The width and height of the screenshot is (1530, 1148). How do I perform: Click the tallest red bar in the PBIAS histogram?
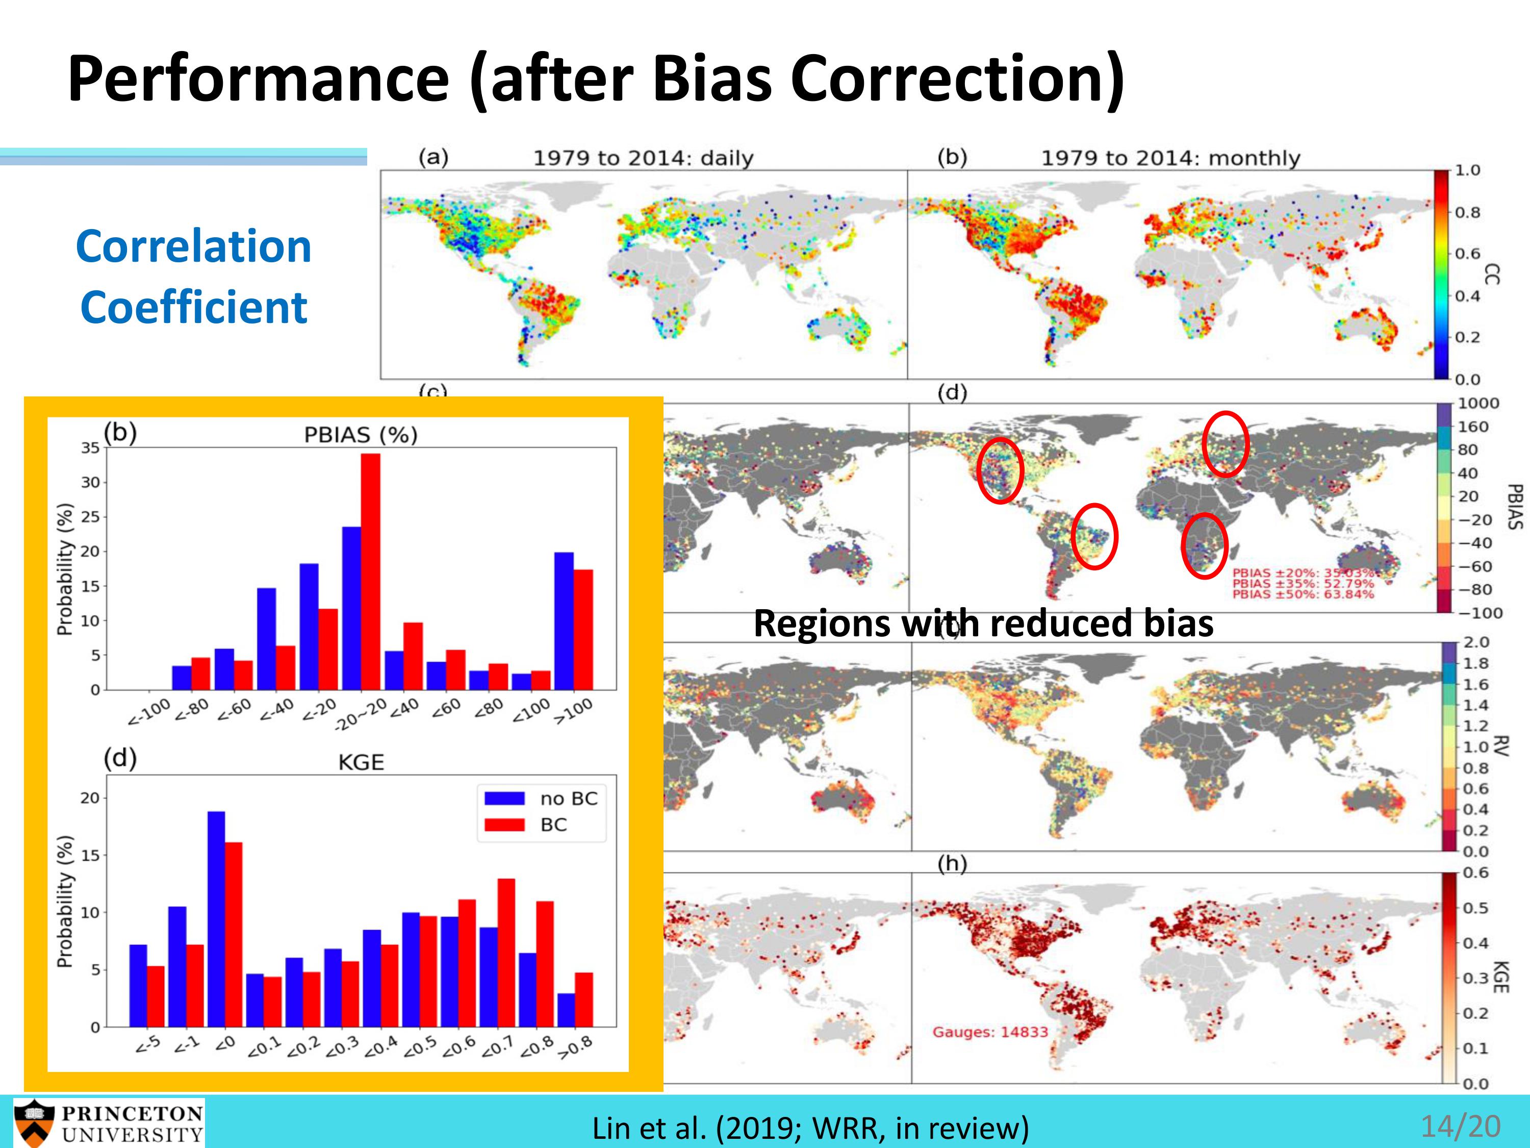370,571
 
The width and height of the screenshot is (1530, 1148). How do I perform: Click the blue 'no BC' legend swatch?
503,798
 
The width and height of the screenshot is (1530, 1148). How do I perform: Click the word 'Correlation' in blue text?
194,246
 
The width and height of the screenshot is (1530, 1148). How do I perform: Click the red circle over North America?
1000,470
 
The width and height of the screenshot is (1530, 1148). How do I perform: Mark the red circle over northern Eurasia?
1225,443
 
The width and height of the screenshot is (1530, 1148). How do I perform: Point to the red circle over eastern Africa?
1204,545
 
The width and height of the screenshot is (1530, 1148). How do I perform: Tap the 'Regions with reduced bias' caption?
983,623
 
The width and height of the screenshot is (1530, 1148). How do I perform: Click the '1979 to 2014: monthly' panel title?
1170,159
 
